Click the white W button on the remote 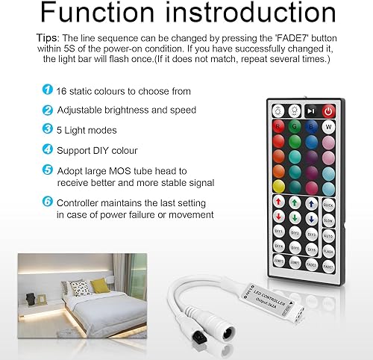point(328,127)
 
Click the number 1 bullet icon point(47,90)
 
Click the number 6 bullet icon point(47,201)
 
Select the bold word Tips point(47,37)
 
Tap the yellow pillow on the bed point(99,285)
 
